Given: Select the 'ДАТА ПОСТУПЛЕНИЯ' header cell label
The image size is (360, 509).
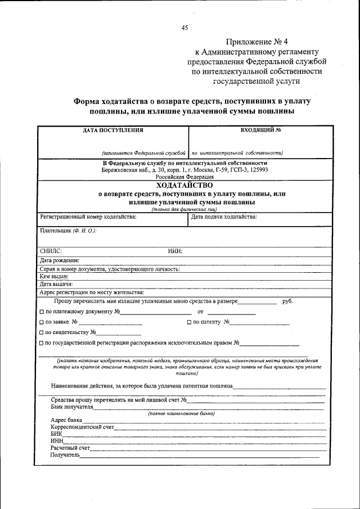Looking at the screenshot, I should click(x=113, y=130).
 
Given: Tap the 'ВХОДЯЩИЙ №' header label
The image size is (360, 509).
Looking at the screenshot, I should click(x=260, y=130).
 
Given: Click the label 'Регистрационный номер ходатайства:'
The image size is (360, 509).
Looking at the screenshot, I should click(x=88, y=217).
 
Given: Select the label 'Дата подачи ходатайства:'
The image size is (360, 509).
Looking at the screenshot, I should click(x=224, y=217).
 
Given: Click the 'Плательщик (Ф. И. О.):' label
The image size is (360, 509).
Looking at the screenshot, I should click(x=68, y=231).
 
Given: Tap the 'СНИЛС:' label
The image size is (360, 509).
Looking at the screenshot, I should click(x=51, y=251).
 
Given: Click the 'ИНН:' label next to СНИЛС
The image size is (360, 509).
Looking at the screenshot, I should click(x=175, y=251).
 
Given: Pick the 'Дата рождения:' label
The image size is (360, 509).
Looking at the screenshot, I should click(x=59, y=260).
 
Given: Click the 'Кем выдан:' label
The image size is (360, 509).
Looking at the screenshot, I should click(x=54, y=276).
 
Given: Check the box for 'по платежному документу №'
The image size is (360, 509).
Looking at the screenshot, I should click(x=42, y=312).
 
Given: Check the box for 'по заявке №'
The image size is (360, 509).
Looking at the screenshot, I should click(x=42, y=322).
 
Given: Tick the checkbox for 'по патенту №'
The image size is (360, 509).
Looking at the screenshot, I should click(x=189, y=322).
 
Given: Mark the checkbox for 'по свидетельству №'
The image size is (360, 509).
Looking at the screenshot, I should click(x=42, y=332).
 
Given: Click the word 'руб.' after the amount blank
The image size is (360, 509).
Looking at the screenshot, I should click(x=287, y=301).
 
